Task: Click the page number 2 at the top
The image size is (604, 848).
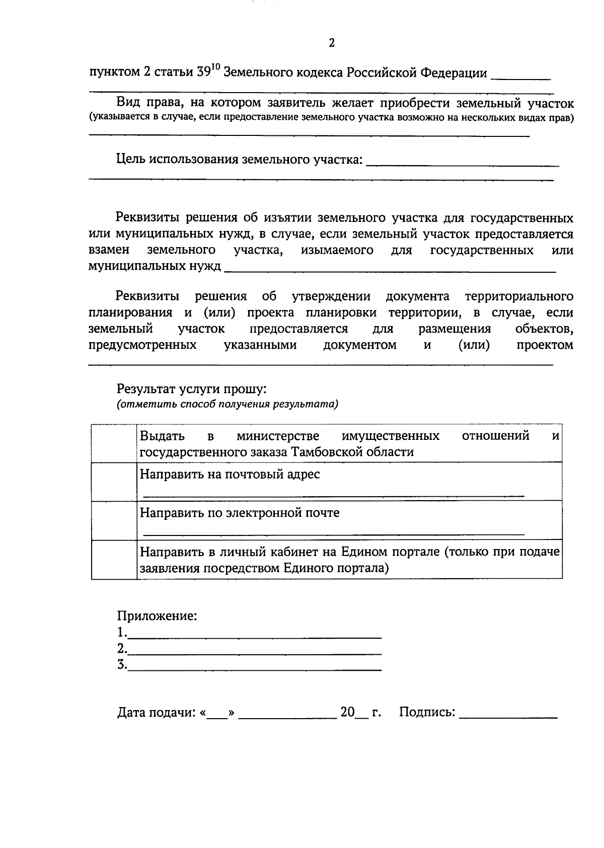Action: pos(332,43)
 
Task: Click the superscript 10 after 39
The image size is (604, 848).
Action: pos(215,67)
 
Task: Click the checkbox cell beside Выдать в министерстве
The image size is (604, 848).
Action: pos(114,443)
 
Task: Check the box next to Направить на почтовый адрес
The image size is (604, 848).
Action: pos(114,482)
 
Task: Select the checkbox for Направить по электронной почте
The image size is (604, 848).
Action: pos(114,520)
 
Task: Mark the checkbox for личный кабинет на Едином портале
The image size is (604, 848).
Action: pos(114,560)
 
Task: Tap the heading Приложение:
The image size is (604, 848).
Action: pos(157,616)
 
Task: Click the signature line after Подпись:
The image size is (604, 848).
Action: pos(508,716)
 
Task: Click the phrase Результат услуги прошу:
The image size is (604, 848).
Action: pos(191,389)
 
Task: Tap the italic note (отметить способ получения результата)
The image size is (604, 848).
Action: pos(228,404)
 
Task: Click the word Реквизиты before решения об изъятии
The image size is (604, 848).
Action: pos(147,218)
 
